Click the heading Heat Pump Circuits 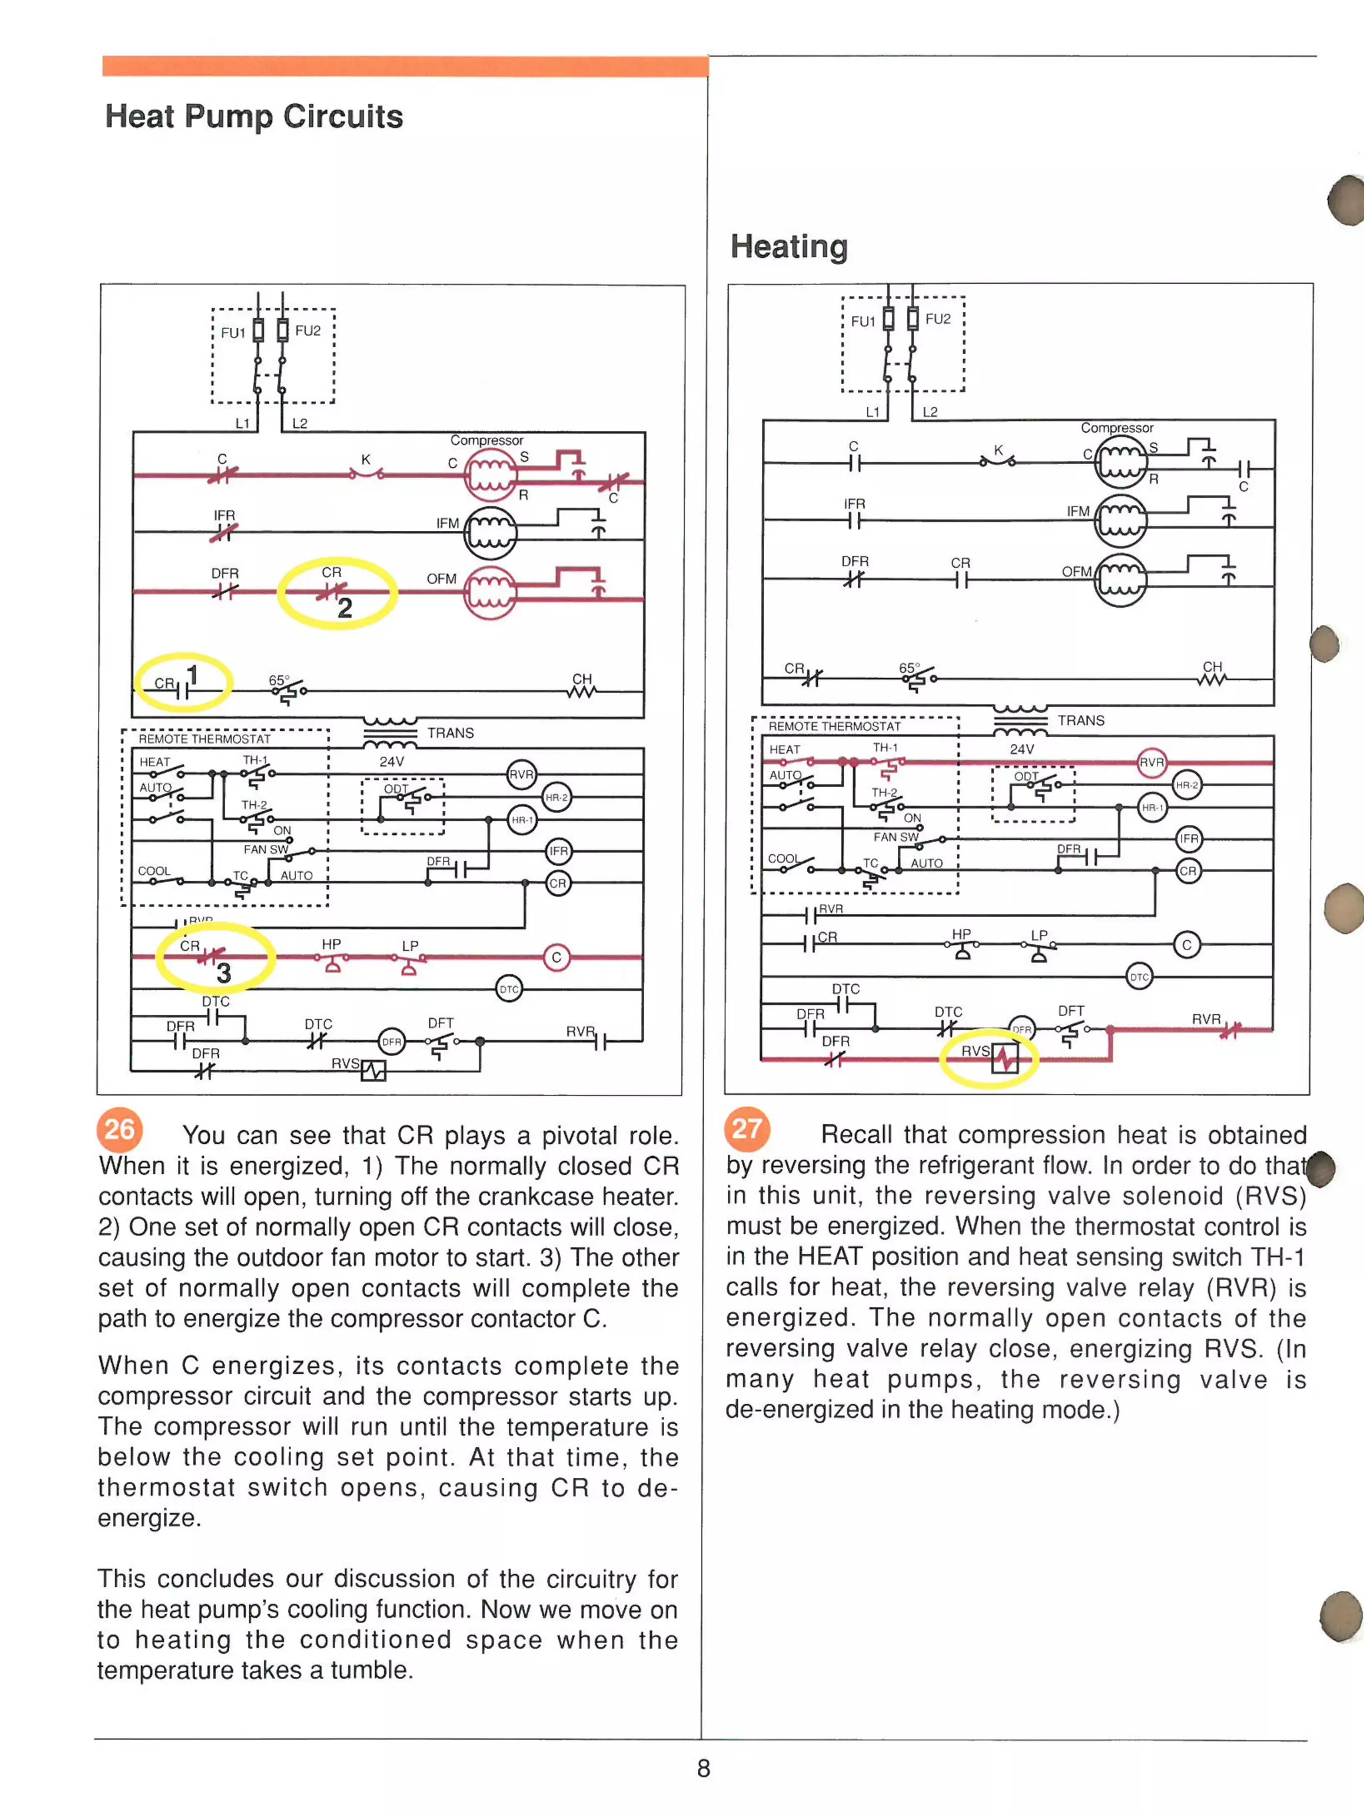(x=254, y=117)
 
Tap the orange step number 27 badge (x=747, y=1128)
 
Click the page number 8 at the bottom (x=703, y=1768)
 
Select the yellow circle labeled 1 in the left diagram (x=184, y=681)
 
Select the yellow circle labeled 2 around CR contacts (x=337, y=592)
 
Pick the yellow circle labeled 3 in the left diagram (x=215, y=957)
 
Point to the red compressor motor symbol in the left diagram (x=490, y=475)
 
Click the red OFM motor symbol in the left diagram (x=490, y=592)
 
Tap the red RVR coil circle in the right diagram (x=1152, y=762)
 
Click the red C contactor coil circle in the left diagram (x=556, y=957)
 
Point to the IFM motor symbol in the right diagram (x=1120, y=520)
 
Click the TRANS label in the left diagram (x=450, y=733)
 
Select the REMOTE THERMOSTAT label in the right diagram (x=834, y=726)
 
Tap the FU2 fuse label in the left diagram (x=308, y=330)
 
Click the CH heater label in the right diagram (x=1212, y=667)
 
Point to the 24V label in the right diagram (x=1021, y=749)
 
